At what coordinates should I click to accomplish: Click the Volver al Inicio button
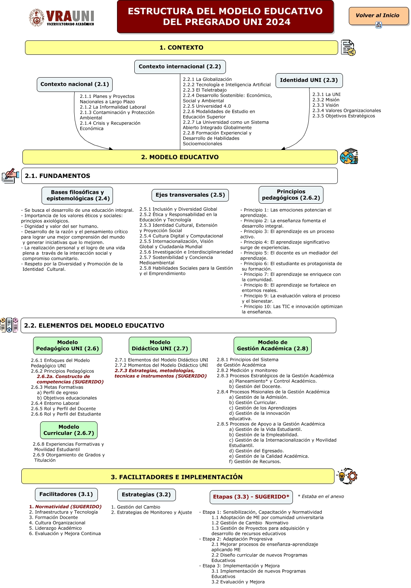pyautogui.click(x=378, y=16)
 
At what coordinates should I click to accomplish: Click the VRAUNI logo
pyautogui.click(x=62, y=17)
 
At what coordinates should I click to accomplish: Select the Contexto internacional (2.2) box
pyautogui.click(x=180, y=67)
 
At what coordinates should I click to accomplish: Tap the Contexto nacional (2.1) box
pyautogui.click(x=75, y=84)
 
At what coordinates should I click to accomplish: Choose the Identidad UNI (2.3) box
pyautogui.click(x=309, y=80)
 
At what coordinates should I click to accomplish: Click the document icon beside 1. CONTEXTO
pyautogui.click(x=348, y=48)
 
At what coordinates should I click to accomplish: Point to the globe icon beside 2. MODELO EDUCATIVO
pyautogui.click(x=349, y=157)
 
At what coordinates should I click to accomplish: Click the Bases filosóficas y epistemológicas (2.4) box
pyautogui.click(x=77, y=195)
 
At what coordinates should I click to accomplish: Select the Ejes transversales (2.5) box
pyautogui.click(x=190, y=195)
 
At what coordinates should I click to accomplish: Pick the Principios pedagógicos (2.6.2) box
pyautogui.click(x=291, y=195)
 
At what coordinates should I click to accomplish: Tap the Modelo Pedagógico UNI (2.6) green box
pyautogui.click(x=68, y=346)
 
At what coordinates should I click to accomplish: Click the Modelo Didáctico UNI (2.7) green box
pyautogui.click(x=160, y=346)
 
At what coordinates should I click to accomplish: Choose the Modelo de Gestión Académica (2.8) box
pyautogui.click(x=272, y=346)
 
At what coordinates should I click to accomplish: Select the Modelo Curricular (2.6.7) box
pyautogui.click(x=69, y=430)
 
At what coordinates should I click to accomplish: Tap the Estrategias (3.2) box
pyautogui.click(x=146, y=495)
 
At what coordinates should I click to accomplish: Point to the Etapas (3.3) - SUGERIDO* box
pyautogui.click(x=251, y=497)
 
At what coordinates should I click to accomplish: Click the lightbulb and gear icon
pyautogui.click(x=347, y=476)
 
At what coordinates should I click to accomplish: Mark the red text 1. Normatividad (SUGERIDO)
pyautogui.click(x=65, y=507)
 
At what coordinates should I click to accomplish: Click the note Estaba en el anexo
pyautogui.click(x=321, y=496)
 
